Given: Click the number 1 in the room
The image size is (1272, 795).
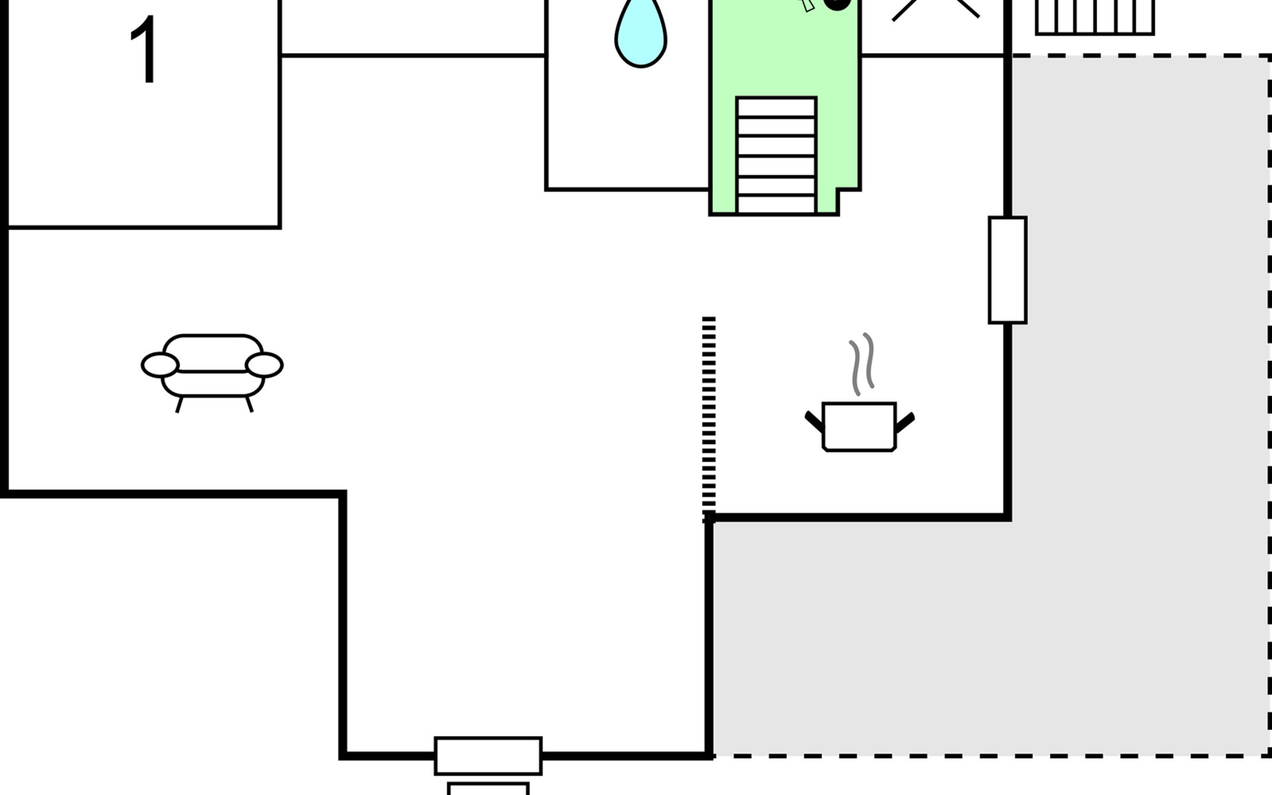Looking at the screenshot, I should tap(144, 50).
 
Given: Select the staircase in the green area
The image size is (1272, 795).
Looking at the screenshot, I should tap(776, 155).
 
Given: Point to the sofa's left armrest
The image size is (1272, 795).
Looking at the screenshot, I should tap(160, 365).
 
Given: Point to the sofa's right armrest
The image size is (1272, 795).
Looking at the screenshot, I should tap(264, 365).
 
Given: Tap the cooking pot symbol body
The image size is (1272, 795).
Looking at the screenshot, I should tap(859, 427).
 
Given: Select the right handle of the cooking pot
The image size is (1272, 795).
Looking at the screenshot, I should tap(905, 421).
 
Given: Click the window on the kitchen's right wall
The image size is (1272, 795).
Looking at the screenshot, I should tap(1007, 270).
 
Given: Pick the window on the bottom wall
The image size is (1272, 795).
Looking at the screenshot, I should tap(488, 755).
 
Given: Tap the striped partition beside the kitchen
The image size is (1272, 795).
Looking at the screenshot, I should tap(709, 417).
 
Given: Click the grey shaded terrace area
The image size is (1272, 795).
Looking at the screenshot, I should tap(994, 636).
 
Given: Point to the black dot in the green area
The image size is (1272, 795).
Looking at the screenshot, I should tap(837, 3).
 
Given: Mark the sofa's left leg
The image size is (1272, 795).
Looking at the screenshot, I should tap(179, 405).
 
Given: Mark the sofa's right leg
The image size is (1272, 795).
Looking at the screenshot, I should tap(249, 404).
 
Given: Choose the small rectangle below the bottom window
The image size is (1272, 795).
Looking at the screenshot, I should tap(488, 789).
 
